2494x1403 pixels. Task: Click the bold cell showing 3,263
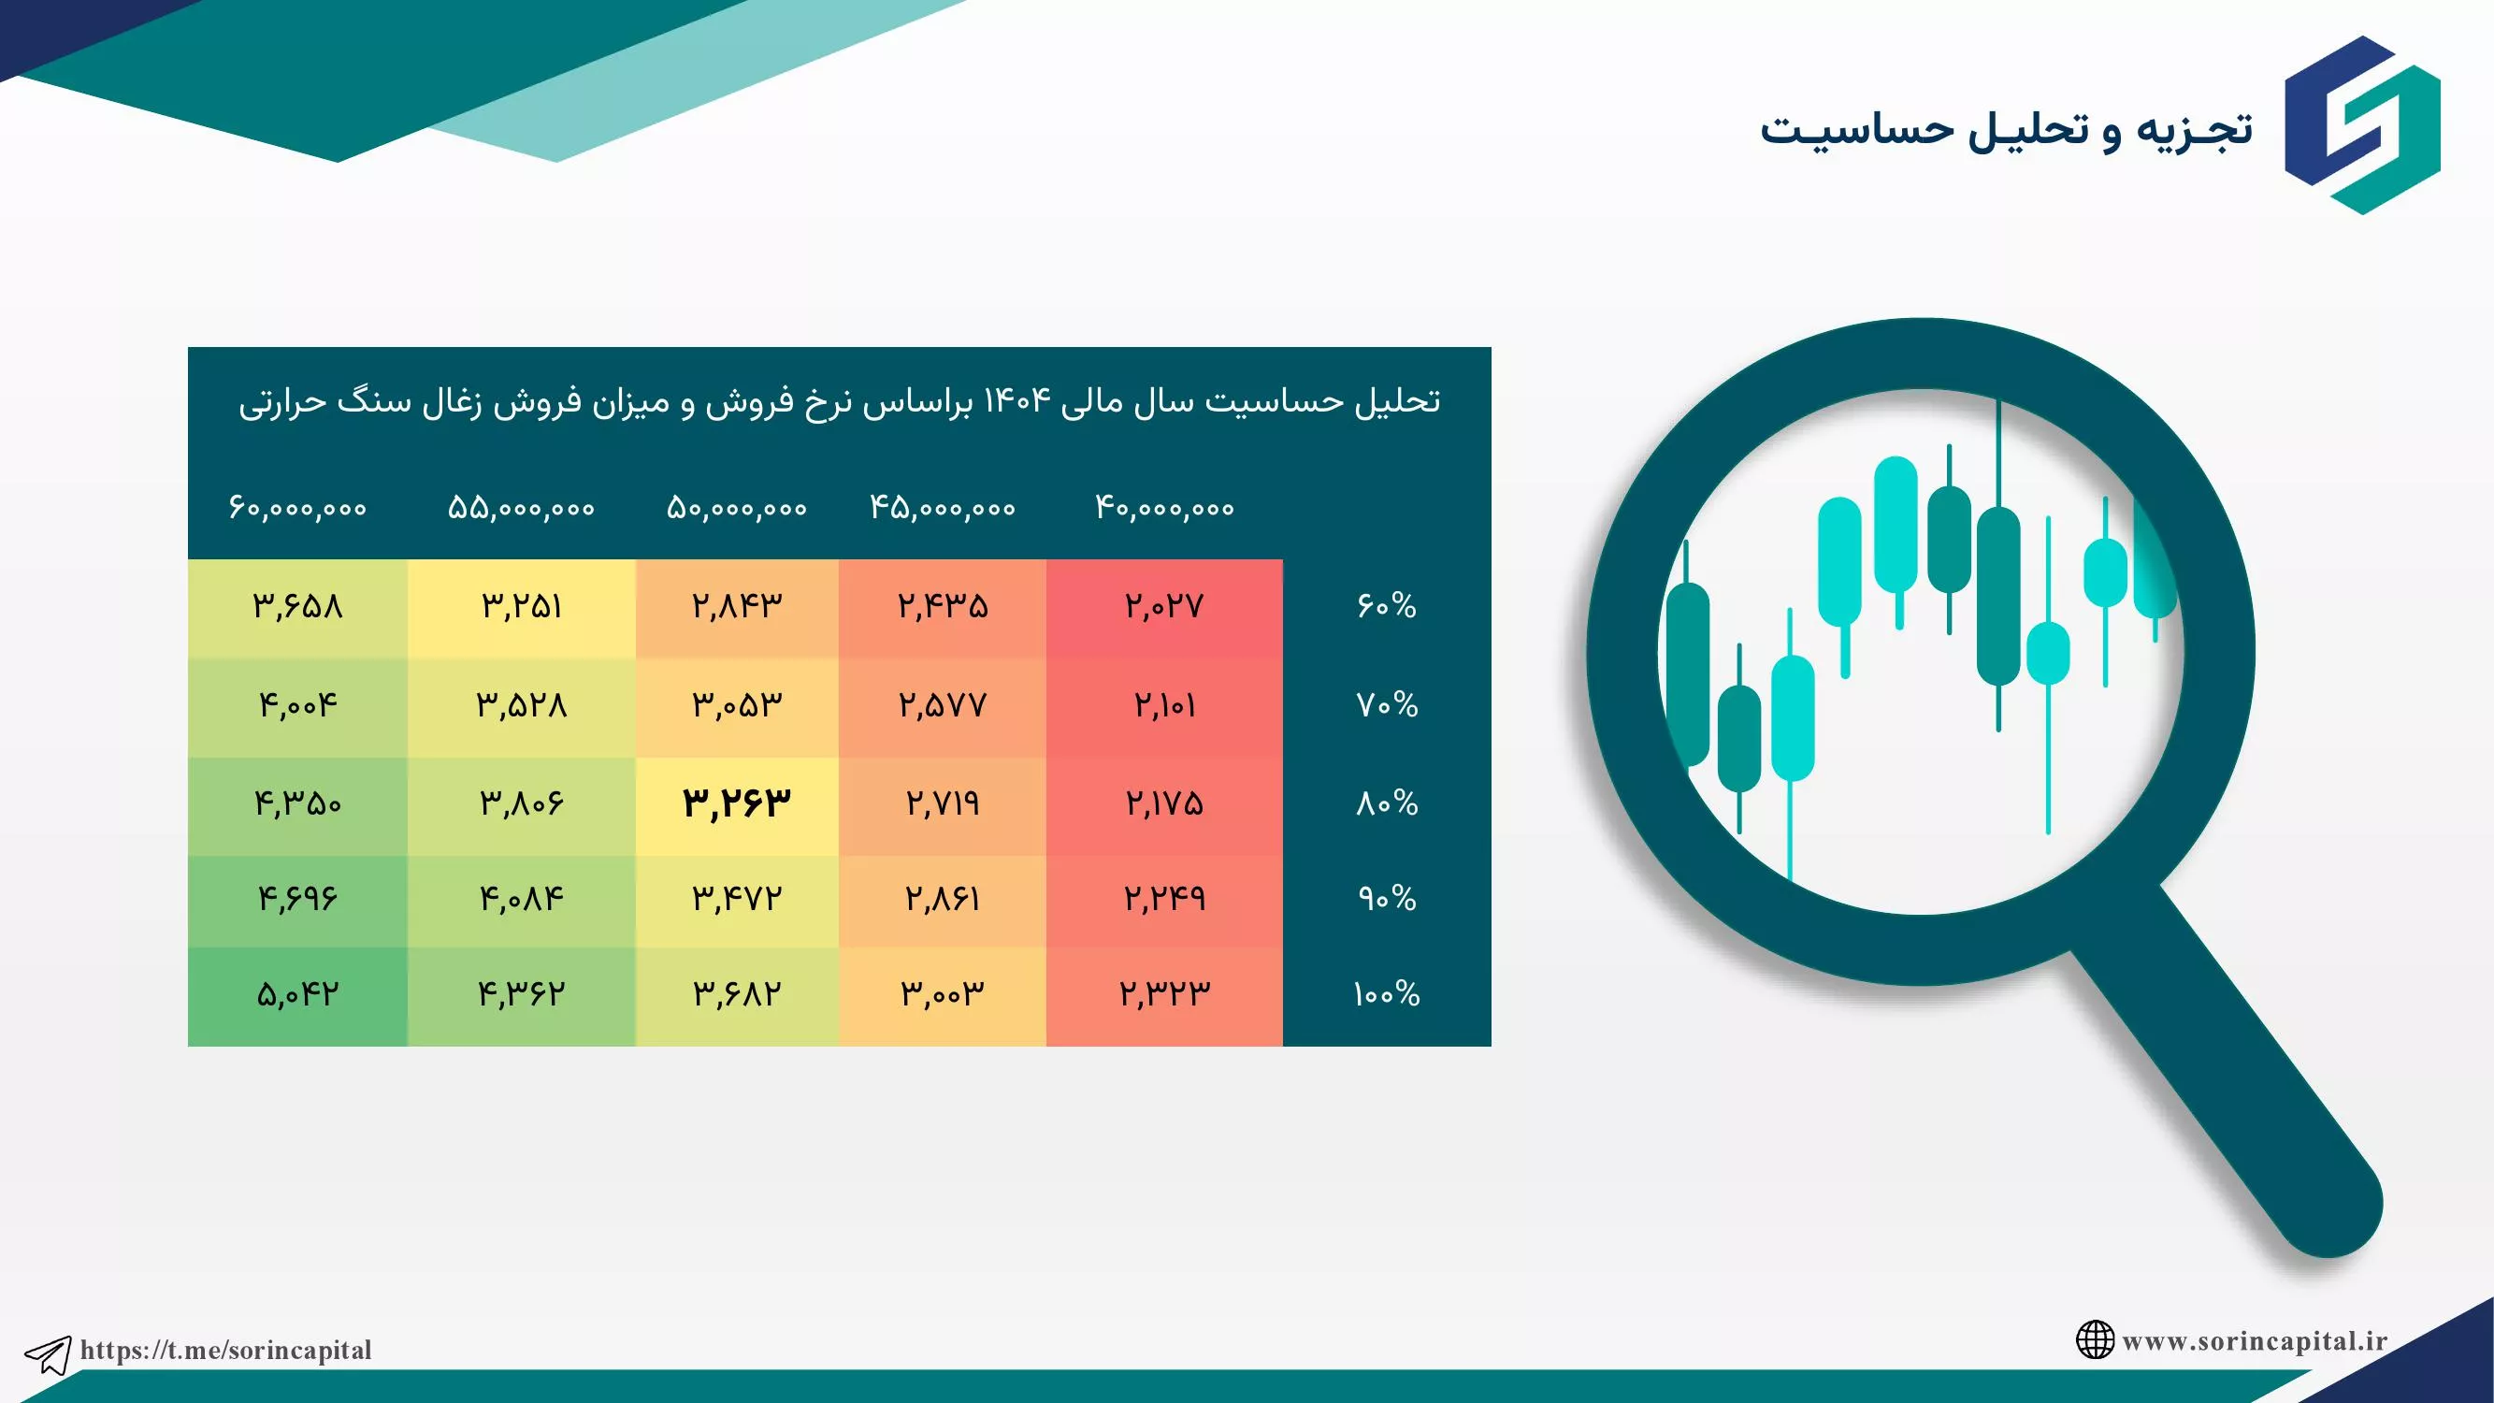tap(737, 803)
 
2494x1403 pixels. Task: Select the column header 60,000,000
tap(298, 507)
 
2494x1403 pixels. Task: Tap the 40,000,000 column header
tap(1164, 507)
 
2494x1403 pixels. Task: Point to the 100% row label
tap(1387, 994)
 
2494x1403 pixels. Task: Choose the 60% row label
tap(1387, 606)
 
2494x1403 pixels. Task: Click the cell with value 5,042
tap(298, 994)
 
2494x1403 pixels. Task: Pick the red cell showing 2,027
tap(1164, 607)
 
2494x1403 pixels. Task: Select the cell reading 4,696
tap(298, 900)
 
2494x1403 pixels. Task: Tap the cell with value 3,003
tap(943, 994)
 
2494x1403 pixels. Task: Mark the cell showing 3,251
tap(522, 607)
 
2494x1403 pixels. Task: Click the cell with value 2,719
tap(943, 803)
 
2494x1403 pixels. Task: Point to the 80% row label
tap(1387, 803)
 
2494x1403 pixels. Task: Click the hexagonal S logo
tap(2362, 125)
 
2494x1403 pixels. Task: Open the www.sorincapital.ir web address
tap(2255, 1341)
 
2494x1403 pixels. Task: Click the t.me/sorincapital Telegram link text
tap(225, 1351)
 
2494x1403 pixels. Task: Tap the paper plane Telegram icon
tap(48, 1354)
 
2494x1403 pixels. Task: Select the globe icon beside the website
tap(2095, 1340)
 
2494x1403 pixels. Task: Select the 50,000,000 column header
tap(737, 507)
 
